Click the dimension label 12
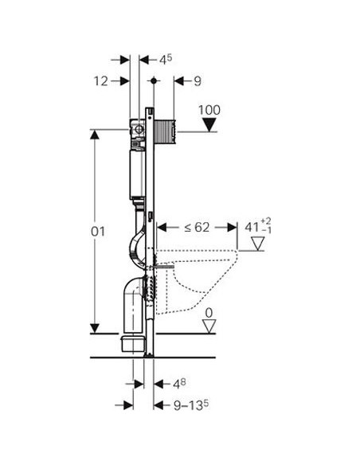100,80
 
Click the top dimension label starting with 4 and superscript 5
166,59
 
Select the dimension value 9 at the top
197,80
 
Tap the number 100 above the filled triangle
209,109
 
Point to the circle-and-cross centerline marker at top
152,80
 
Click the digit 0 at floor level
209,314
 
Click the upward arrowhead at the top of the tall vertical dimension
95,134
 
